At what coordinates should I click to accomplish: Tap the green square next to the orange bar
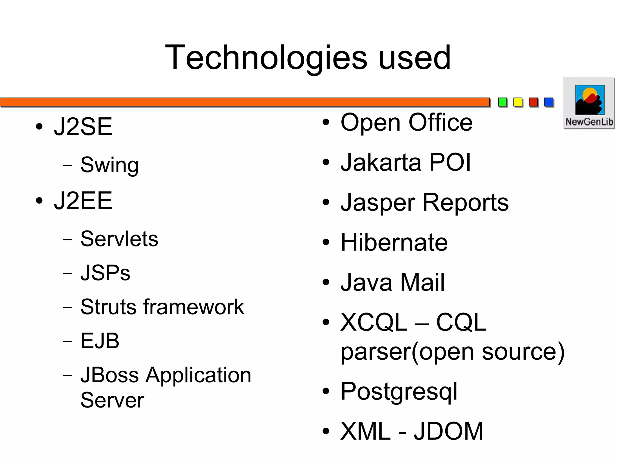click(x=503, y=102)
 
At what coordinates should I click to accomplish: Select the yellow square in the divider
click(x=518, y=102)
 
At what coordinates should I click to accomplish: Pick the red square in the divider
click(x=533, y=102)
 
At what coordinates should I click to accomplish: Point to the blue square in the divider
click(x=549, y=102)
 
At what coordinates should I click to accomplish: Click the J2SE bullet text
click(x=83, y=127)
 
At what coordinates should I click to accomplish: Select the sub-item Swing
click(x=109, y=165)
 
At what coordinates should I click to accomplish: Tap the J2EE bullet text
click(x=83, y=201)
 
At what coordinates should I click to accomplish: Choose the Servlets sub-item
click(x=119, y=239)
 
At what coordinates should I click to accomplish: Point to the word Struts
click(x=108, y=307)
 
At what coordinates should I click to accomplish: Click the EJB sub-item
click(x=100, y=341)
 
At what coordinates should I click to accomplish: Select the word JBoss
click(x=110, y=375)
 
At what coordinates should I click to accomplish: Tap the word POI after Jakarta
click(x=450, y=163)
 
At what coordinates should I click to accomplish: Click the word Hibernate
click(x=394, y=242)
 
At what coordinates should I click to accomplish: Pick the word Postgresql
click(x=399, y=392)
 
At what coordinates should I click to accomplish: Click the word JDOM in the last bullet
click(x=448, y=431)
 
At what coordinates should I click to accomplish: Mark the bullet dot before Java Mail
click(x=326, y=282)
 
